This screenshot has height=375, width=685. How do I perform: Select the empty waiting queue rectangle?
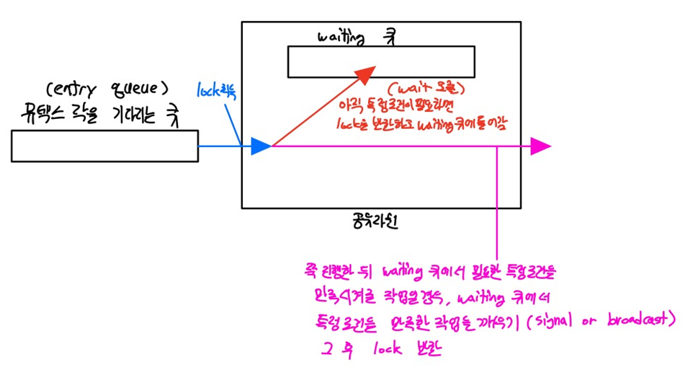tap(380, 61)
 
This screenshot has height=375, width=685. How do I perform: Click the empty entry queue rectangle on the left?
tap(104, 146)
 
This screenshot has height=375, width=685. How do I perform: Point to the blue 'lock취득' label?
tap(217, 91)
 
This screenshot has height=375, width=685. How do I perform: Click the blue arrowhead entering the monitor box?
tap(261, 146)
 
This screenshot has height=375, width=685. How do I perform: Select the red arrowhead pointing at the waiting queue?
tap(364, 71)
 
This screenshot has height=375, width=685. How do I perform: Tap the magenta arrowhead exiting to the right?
tap(540, 146)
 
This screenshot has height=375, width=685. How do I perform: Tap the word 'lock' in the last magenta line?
tap(390, 350)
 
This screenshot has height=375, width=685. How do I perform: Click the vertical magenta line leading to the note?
tap(497, 202)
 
